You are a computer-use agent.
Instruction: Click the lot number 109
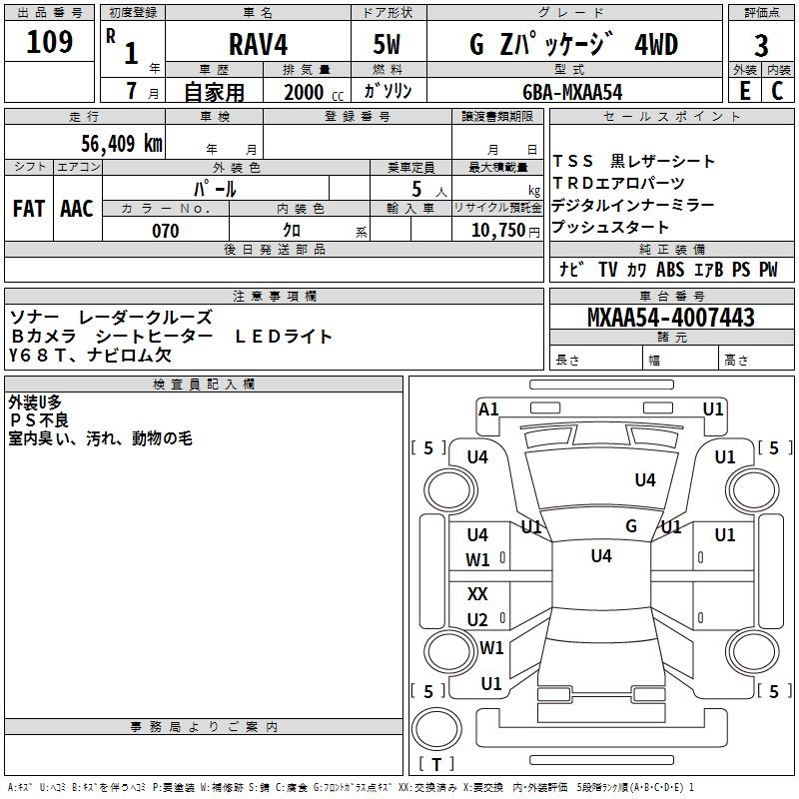click(x=49, y=41)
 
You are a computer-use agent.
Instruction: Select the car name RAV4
click(x=258, y=44)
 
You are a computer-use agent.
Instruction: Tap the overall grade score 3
click(x=761, y=45)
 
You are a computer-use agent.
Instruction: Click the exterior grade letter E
click(x=744, y=91)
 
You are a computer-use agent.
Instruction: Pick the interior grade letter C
click(x=777, y=91)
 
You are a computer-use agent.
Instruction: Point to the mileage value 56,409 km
click(x=122, y=144)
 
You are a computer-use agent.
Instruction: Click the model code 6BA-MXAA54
click(x=572, y=92)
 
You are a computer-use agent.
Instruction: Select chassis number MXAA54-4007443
click(x=670, y=317)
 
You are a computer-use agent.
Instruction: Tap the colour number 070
click(x=166, y=231)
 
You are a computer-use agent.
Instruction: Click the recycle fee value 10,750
click(x=497, y=230)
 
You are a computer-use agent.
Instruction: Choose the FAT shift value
click(x=29, y=209)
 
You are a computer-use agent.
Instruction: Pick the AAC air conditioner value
click(x=77, y=209)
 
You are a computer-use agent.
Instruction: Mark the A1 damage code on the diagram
click(x=488, y=409)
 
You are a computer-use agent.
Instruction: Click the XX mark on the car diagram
click(x=477, y=594)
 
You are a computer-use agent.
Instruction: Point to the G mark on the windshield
click(x=631, y=526)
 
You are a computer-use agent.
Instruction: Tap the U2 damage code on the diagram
click(x=477, y=619)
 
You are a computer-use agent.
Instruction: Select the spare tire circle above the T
click(x=436, y=729)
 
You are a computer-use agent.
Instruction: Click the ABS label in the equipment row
click(x=669, y=270)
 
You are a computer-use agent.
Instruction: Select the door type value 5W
click(x=387, y=44)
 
